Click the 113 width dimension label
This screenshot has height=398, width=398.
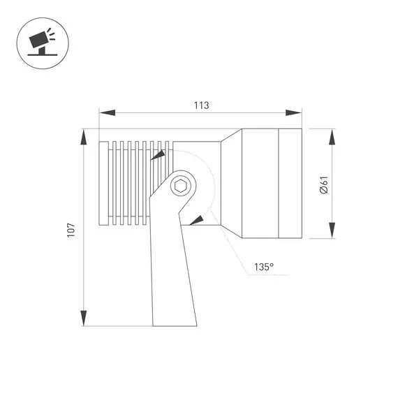click(x=201, y=105)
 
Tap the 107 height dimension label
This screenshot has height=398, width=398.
click(x=71, y=230)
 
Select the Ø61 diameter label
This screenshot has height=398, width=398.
click(x=323, y=184)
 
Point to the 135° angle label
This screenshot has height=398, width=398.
click(x=263, y=266)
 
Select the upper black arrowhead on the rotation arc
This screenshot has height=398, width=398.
click(x=159, y=155)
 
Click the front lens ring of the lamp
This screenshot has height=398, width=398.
click(x=290, y=184)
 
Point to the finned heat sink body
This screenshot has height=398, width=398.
click(x=129, y=184)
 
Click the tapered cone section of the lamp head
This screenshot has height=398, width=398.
click(x=230, y=184)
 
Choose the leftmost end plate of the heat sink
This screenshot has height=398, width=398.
click(x=103, y=184)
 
